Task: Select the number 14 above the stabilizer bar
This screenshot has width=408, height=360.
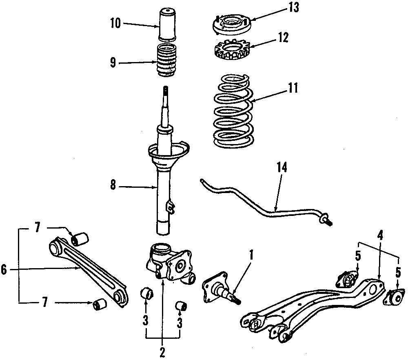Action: pos(282,167)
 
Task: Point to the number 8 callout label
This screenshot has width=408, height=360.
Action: pos(113,186)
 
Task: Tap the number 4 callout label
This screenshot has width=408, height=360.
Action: pos(380,236)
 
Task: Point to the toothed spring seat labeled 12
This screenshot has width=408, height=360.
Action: pos(231,51)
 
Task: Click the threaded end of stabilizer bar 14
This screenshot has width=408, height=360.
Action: pos(328,221)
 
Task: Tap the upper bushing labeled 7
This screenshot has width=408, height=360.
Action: pos(81,238)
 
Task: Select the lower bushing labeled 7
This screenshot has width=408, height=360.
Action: pos(100,304)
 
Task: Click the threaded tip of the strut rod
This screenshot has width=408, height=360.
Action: pos(166,90)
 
